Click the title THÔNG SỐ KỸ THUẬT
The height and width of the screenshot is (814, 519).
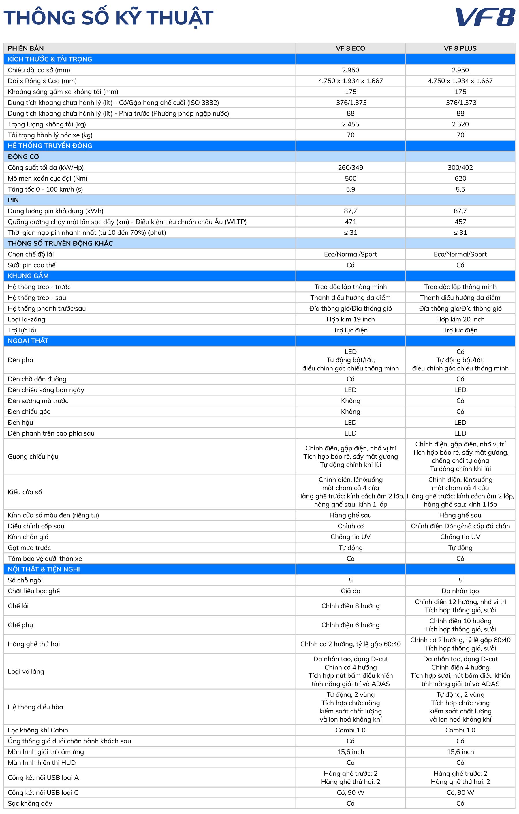pos(108,18)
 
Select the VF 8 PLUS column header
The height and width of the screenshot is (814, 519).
pos(460,48)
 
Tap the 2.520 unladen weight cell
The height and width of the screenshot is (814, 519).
pos(460,124)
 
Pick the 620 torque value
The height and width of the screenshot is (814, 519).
pos(460,178)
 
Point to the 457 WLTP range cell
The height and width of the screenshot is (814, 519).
pos(460,222)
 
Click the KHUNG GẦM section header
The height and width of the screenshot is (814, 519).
pos(28,276)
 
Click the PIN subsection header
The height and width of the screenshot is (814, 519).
pos(13,200)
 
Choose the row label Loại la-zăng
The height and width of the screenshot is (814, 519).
pos(27,319)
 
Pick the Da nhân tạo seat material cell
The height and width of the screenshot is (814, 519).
pos(460,591)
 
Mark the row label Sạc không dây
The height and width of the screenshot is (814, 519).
pos(30,803)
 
